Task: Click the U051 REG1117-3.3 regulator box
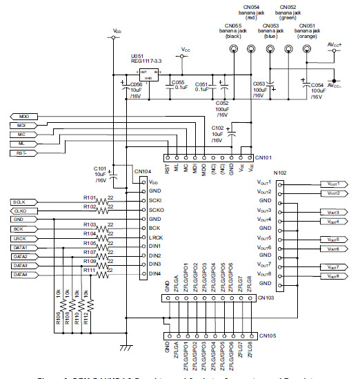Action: tap(148, 72)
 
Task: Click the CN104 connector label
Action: tap(142, 171)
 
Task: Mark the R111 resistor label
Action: tap(89, 270)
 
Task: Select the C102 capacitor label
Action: tap(217, 128)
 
